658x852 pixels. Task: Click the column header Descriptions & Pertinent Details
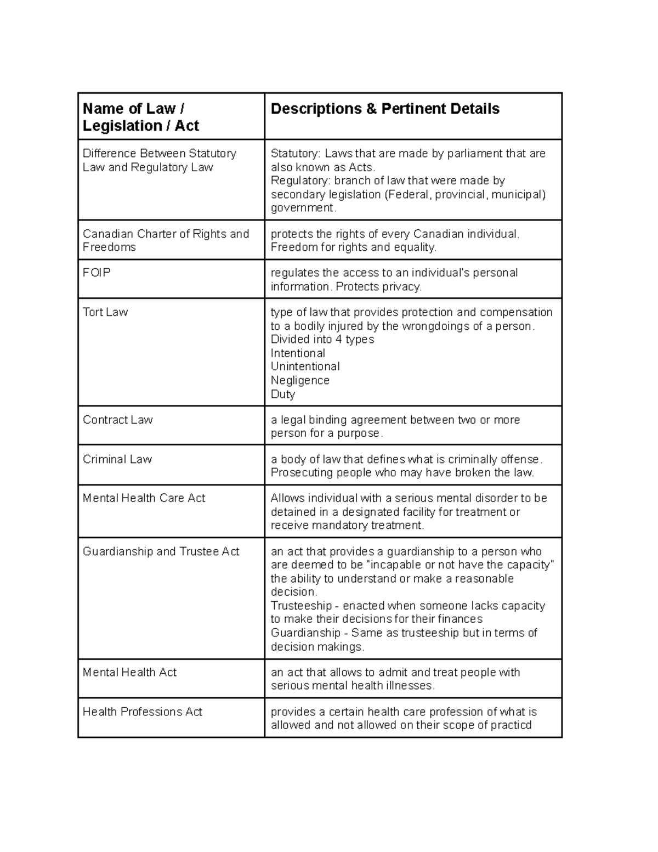[x=385, y=109]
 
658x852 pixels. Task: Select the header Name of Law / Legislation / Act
[x=140, y=117]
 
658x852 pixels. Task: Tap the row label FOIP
[x=97, y=273]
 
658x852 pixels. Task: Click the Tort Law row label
[x=105, y=312]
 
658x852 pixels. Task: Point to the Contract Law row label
[x=117, y=420]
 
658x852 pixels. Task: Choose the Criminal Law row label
[x=117, y=459]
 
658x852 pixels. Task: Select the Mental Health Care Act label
[x=144, y=498]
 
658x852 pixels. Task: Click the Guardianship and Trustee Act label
[x=161, y=551]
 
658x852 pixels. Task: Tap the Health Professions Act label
[x=142, y=712]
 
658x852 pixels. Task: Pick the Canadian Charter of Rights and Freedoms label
[x=166, y=240]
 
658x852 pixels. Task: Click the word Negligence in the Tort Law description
[x=300, y=380]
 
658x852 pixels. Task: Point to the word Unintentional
[x=305, y=366]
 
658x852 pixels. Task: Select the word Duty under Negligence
[x=283, y=394]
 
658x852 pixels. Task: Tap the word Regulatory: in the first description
[x=299, y=180]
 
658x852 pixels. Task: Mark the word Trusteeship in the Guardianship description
[x=301, y=606]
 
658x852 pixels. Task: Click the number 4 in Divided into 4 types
[x=338, y=340]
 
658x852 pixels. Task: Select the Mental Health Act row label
[x=129, y=672]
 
